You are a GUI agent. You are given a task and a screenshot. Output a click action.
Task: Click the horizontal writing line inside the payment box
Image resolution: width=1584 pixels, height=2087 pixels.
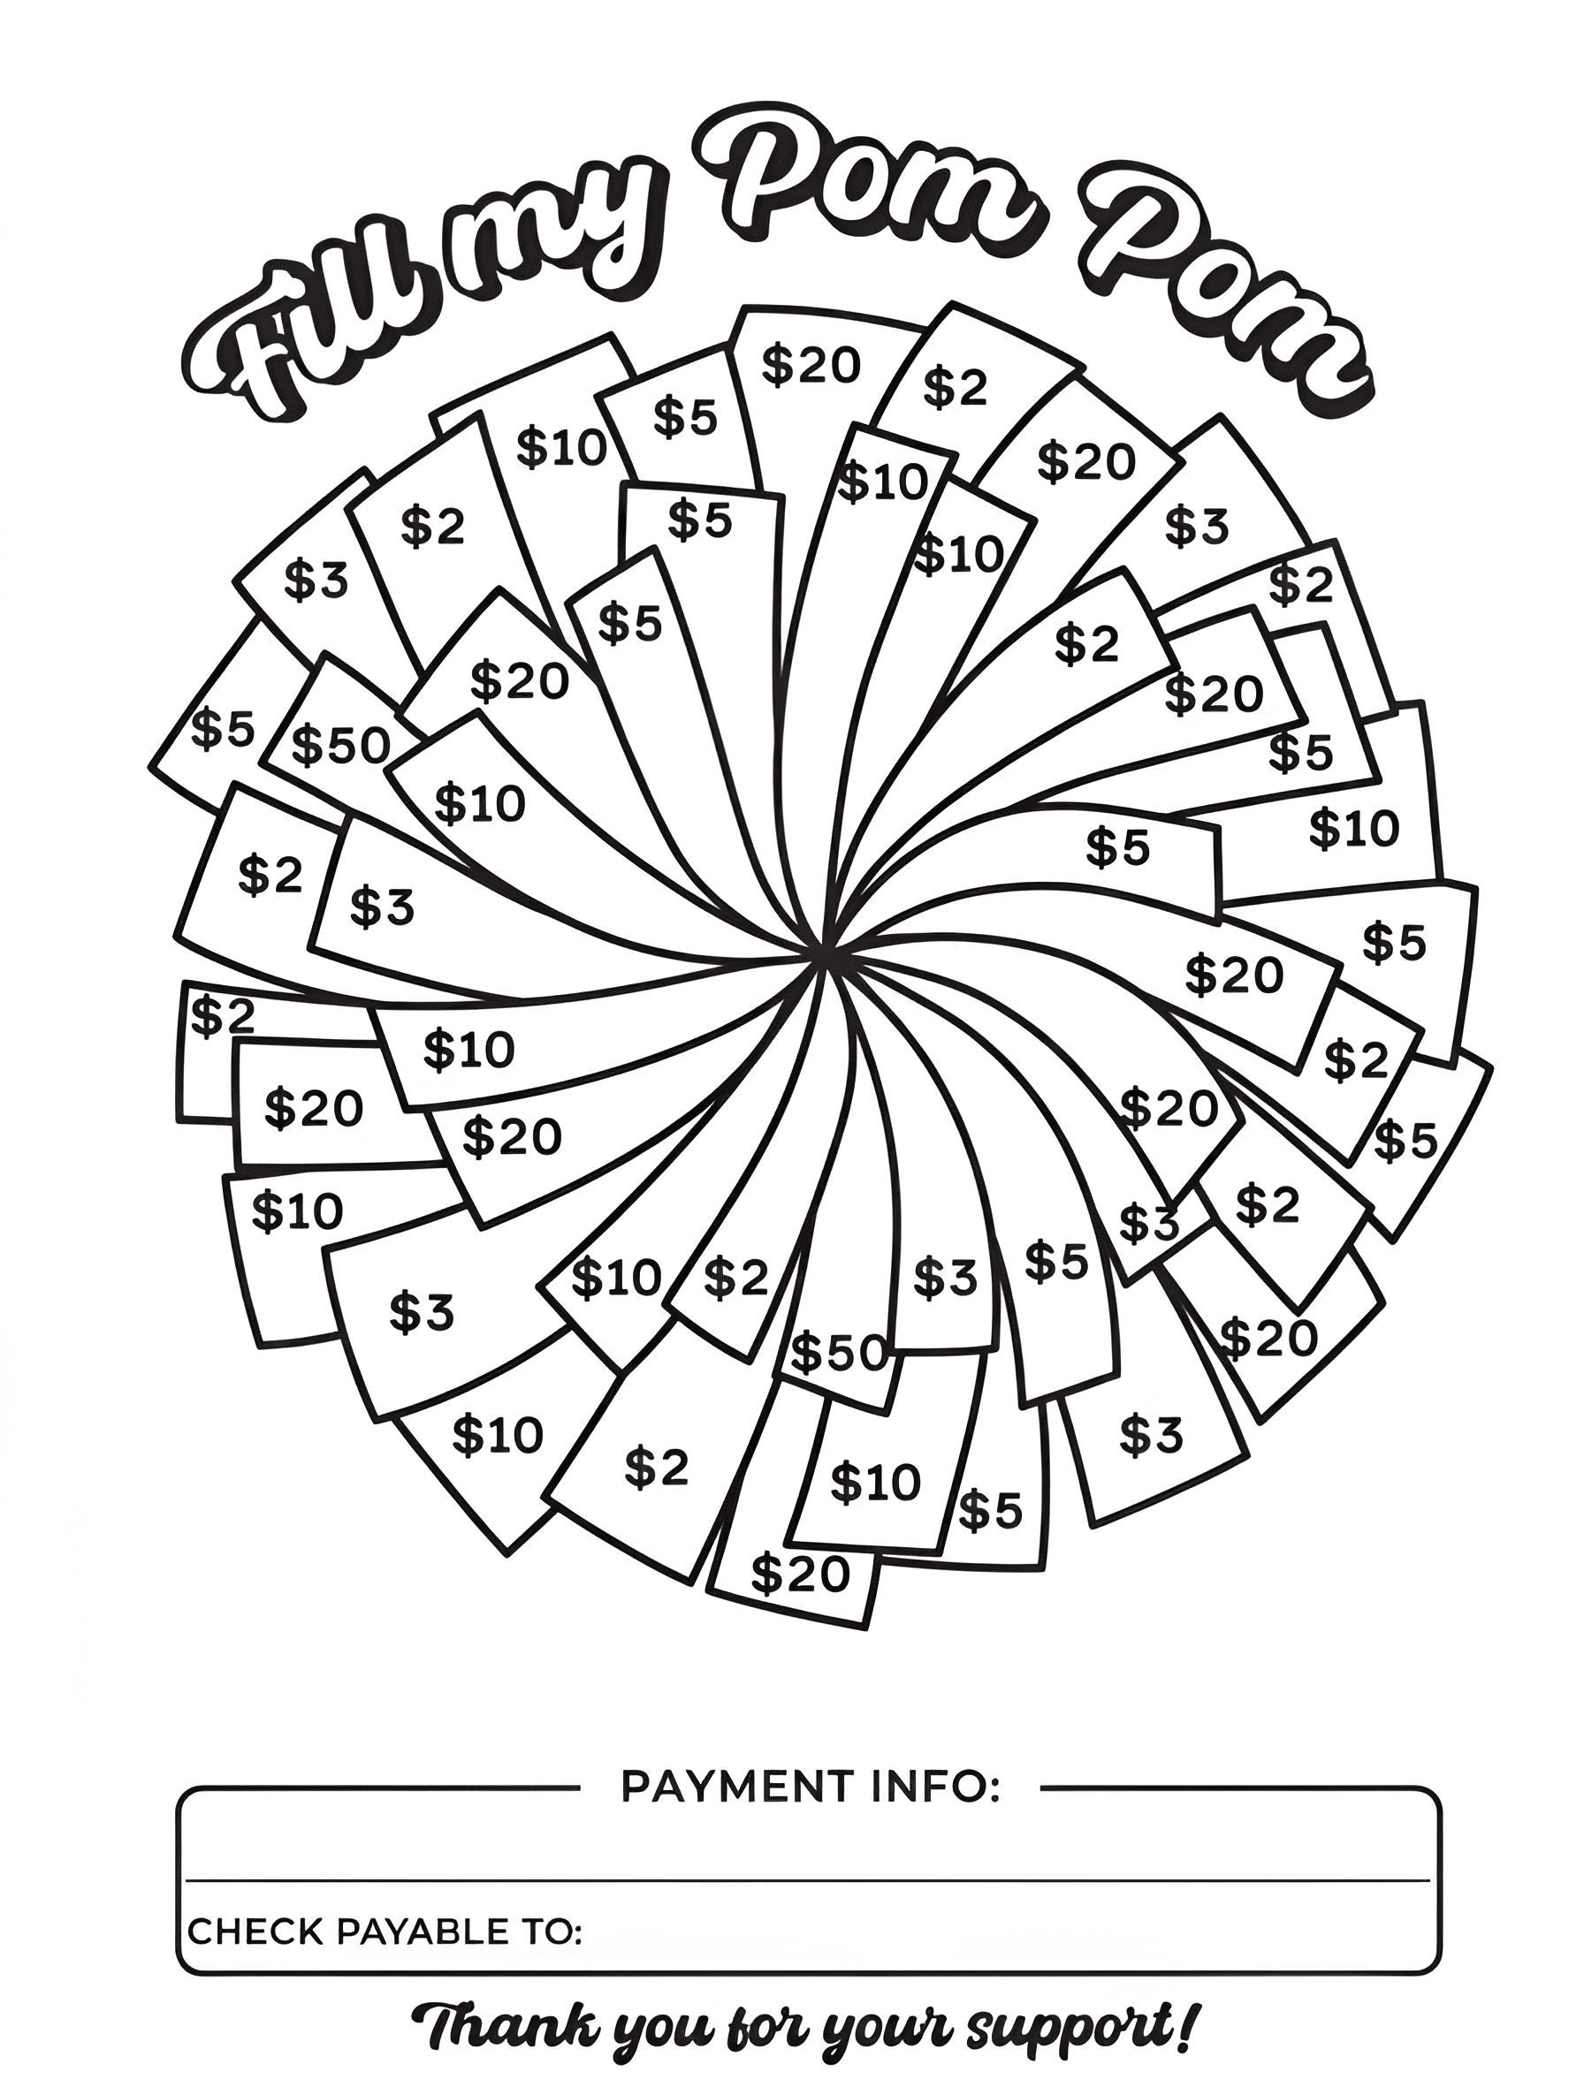click(x=808, y=1880)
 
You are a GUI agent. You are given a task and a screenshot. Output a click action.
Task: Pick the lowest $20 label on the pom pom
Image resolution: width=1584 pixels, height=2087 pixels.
click(x=801, y=1573)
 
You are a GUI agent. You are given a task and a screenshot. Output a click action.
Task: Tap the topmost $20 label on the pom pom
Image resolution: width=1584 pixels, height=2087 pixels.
click(x=811, y=365)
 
